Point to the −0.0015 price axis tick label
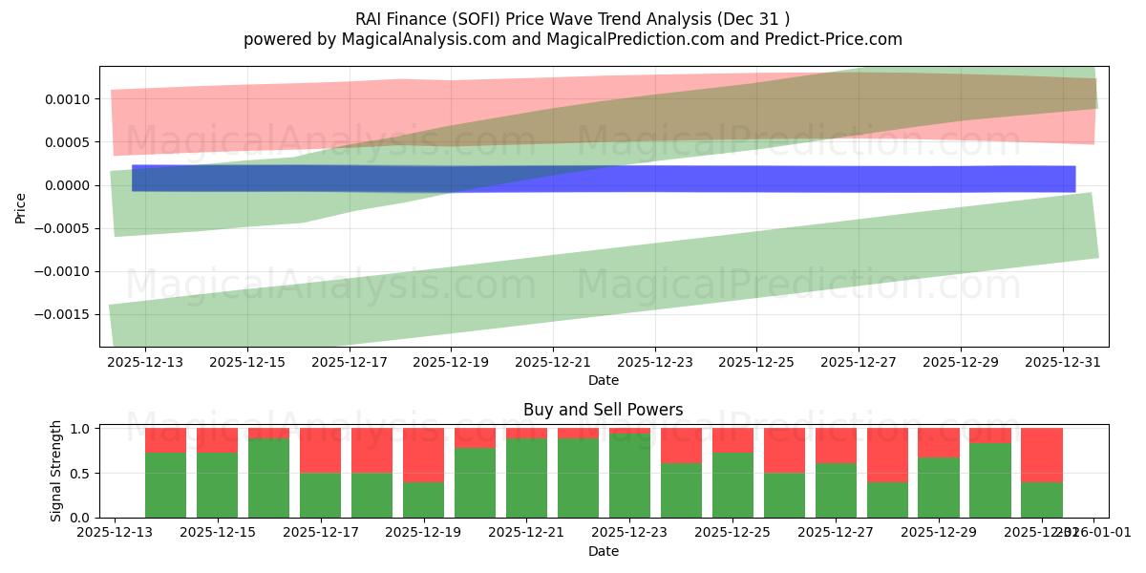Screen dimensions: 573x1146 [x=66, y=314]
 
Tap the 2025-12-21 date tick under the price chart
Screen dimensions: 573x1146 [x=552, y=362]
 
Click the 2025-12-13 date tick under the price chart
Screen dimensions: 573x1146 [x=145, y=362]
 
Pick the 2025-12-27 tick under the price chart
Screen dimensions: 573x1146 [x=858, y=362]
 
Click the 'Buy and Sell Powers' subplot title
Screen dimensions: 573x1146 [x=603, y=410]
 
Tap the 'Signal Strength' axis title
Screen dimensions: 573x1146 [x=57, y=471]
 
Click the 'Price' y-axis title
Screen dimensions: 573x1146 [x=21, y=207]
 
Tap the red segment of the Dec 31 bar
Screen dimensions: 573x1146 [x=1041, y=455]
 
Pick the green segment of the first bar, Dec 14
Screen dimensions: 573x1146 [x=165, y=485]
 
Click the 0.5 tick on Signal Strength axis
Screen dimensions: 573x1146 [x=79, y=473]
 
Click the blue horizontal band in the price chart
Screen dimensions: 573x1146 [x=602, y=179]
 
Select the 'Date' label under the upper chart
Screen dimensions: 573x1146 [x=603, y=380]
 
